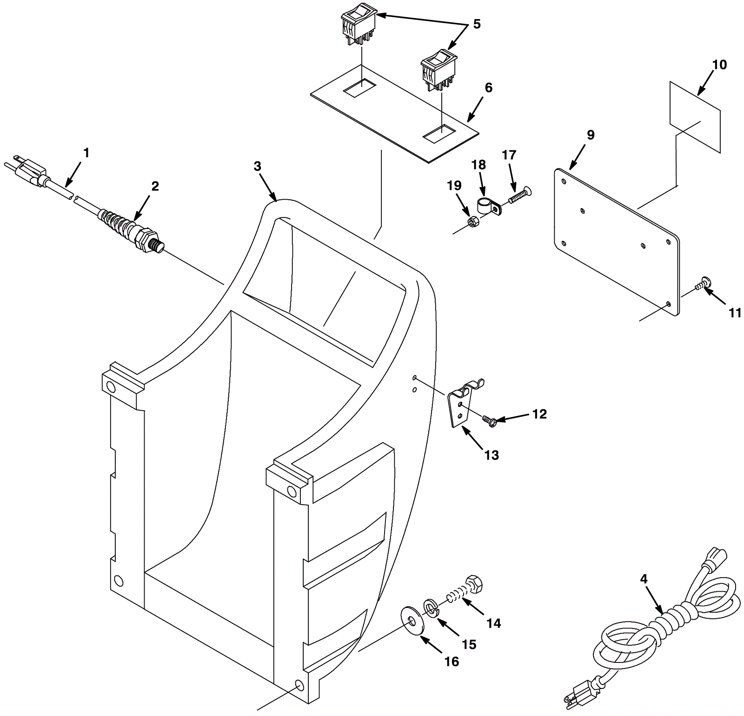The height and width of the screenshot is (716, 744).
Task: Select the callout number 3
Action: click(x=258, y=166)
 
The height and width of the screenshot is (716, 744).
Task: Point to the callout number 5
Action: click(x=477, y=24)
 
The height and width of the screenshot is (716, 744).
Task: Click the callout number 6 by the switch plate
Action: click(x=488, y=88)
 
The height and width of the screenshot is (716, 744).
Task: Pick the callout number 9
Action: click(x=590, y=135)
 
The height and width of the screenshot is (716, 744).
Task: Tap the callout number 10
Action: click(x=719, y=65)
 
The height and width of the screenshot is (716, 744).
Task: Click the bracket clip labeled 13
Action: click(x=460, y=405)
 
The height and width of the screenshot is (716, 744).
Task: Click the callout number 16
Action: click(x=452, y=661)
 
